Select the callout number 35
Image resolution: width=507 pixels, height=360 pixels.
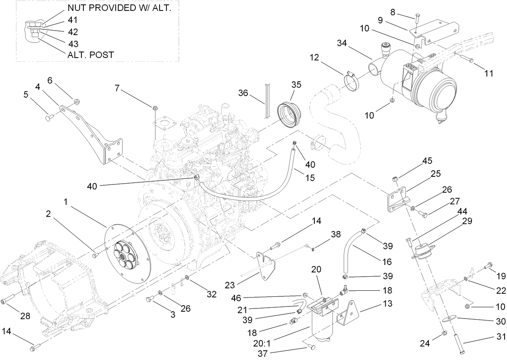pos(296,85)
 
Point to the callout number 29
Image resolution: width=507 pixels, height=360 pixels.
pos(467,221)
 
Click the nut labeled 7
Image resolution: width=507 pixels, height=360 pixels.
pos(155,107)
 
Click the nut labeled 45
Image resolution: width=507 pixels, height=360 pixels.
pos(395,178)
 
